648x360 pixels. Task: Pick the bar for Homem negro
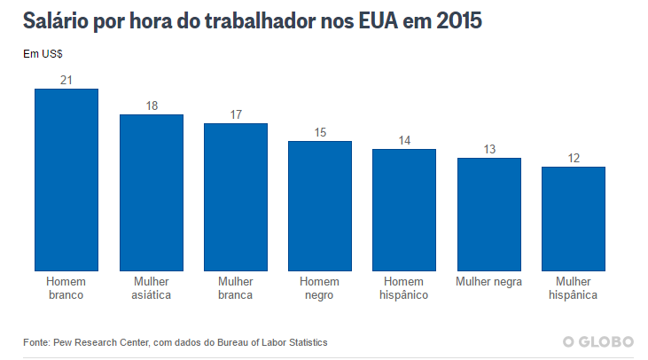pos(320,206)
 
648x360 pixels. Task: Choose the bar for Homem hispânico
pos(404,210)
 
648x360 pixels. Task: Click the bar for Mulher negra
pos(489,215)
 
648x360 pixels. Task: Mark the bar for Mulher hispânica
pos(574,219)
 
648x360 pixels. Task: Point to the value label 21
pos(66,80)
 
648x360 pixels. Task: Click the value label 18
pos(152,106)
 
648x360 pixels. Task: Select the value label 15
pos(320,132)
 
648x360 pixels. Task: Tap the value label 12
pos(574,158)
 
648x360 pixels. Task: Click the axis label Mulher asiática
pos(152,288)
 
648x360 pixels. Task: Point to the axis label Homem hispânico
pos(404,288)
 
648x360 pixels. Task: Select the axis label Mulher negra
pos(489,282)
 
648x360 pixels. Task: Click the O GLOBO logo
pos(598,341)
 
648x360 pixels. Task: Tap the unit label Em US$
pos(42,53)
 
